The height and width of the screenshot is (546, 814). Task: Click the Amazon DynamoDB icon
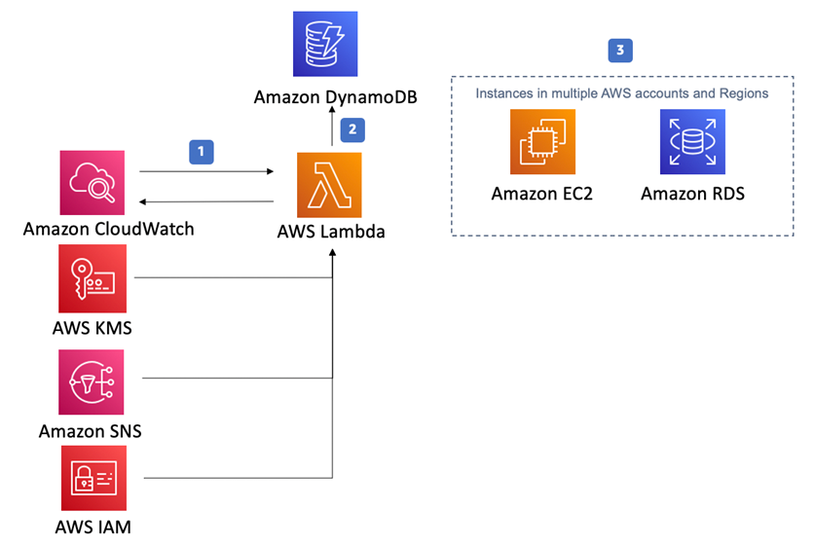(326, 44)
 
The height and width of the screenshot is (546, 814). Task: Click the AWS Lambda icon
(329, 184)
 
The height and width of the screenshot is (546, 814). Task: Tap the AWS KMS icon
(92, 277)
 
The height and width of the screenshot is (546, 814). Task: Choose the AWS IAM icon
(92, 478)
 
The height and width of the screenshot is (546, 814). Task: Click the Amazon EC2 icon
(542, 141)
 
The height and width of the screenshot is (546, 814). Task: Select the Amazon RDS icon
(692, 141)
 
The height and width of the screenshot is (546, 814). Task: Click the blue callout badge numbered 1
(201, 151)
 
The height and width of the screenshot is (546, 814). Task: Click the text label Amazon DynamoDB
(326, 97)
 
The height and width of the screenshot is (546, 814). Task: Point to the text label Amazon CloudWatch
(108, 230)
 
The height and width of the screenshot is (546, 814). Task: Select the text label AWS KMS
(92, 328)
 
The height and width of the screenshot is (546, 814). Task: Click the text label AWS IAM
(92, 528)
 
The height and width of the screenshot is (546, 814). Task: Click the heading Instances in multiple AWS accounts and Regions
(621, 93)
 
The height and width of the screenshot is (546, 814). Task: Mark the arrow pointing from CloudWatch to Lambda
(206, 171)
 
